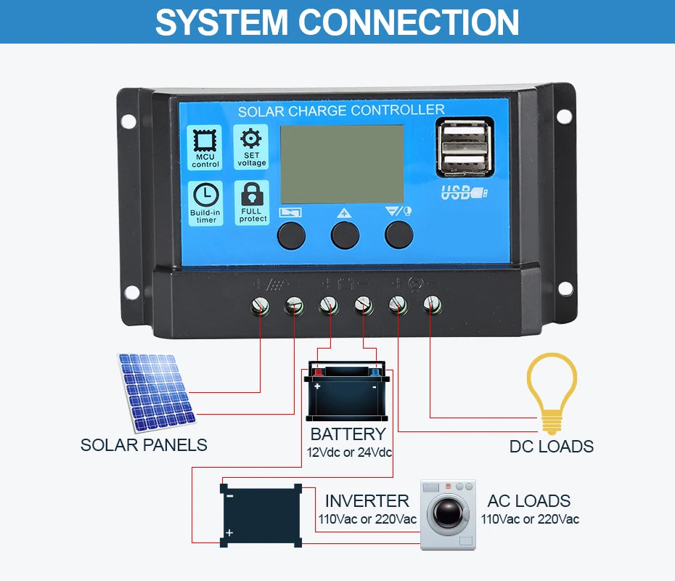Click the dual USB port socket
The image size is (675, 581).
(465, 148)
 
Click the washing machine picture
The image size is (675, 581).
(448, 514)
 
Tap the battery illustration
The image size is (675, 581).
(347, 392)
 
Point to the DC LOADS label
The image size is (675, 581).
(552, 446)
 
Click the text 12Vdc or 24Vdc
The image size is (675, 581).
(349, 453)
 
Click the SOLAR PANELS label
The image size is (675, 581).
(144, 445)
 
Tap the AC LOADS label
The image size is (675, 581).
(528, 501)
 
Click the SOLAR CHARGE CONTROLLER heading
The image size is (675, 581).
(341, 110)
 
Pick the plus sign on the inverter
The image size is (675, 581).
(229, 533)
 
